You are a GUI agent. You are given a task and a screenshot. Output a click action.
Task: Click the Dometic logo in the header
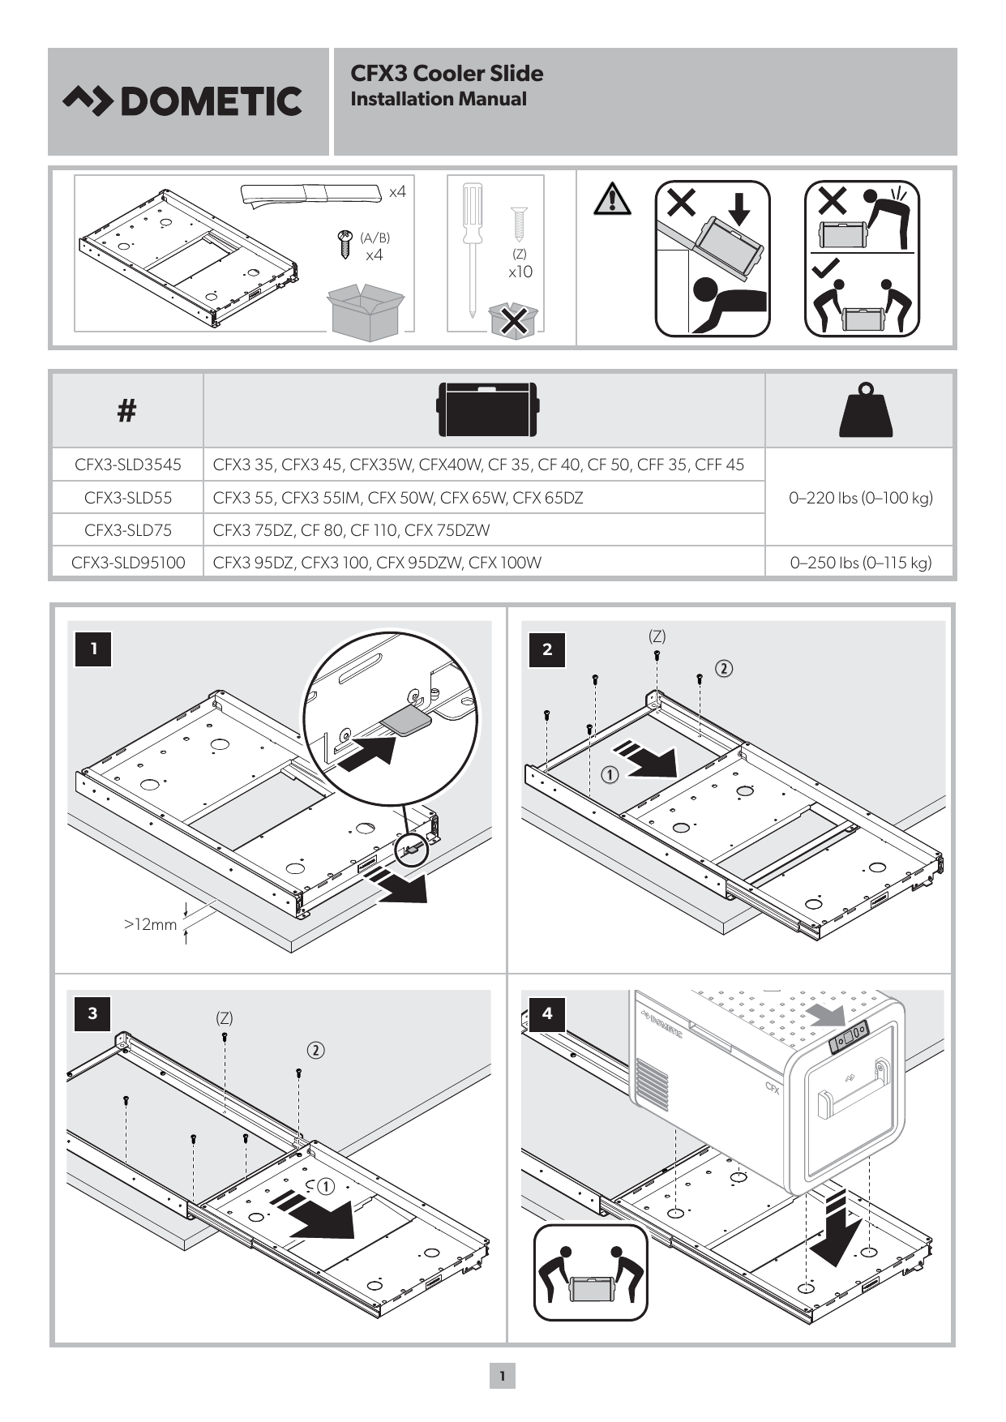coord(182,101)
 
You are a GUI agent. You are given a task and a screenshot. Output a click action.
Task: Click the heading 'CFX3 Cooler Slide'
coord(447,74)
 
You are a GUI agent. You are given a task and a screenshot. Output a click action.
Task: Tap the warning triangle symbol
coord(612,199)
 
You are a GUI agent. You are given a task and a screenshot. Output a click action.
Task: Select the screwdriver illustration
coord(472,247)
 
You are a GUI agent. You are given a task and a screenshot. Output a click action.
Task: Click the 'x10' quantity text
coord(520,272)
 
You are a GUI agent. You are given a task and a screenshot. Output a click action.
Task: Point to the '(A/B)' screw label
coord(375,238)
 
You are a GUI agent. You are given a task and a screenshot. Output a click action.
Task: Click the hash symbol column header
coord(126,411)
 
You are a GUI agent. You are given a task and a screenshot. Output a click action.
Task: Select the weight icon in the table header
coord(866,410)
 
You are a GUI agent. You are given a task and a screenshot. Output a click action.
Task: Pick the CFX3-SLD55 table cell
coord(128,498)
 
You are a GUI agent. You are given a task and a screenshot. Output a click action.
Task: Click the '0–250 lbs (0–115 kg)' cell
coord(860,563)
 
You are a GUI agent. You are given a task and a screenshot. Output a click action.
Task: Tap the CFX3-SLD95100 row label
coord(128,563)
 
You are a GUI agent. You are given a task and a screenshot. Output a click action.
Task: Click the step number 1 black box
coord(93,649)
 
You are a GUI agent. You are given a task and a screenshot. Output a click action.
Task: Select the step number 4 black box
coord(547,1013)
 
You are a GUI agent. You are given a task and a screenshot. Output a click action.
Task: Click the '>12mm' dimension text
coord(150,924)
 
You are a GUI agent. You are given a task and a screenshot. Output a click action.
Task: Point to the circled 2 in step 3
coord(315,1051)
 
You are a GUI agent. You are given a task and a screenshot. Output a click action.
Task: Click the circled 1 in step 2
coord(610,774)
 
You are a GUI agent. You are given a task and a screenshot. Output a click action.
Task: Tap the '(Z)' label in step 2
coord(657,636)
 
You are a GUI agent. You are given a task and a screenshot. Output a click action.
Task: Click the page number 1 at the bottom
coord(502,1376)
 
